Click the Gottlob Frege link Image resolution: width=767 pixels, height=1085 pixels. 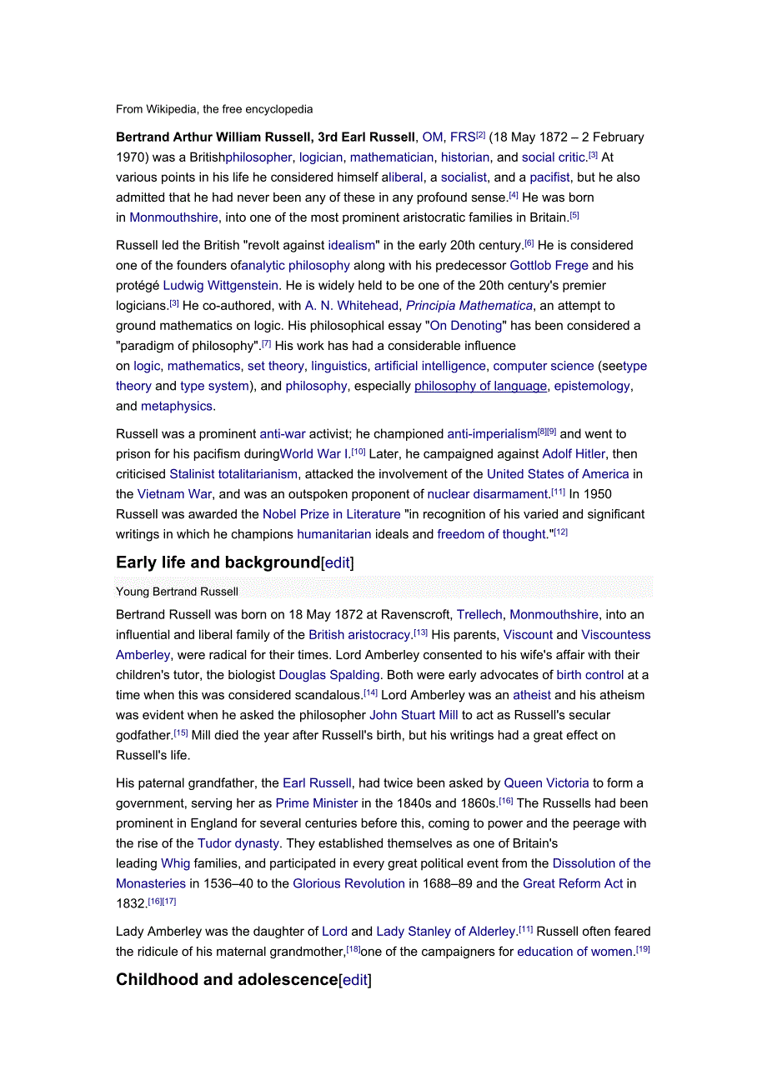(549, 266)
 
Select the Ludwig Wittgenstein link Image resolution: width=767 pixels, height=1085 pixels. (221, 286)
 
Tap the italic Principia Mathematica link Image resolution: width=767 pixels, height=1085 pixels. (469, 306)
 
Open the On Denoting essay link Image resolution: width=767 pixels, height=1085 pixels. (466, 326)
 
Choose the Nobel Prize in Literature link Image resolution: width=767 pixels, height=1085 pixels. (331, 514)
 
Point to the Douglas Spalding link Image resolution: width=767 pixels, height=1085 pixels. (329, 675)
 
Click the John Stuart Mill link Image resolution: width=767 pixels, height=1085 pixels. (414, 715)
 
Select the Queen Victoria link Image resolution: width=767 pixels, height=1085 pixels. (546, 783)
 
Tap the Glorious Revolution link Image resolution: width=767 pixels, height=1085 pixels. (348, 883)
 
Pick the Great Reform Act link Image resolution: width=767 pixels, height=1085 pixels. (573, 883)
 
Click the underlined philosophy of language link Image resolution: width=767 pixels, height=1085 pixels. (481, 386)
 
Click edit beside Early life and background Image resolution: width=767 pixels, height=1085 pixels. (338, 563)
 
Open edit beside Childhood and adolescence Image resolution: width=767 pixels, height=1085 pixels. (355, 980)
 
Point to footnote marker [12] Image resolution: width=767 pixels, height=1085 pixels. (561, 532)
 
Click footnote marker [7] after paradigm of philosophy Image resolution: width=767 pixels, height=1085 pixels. (267, 343)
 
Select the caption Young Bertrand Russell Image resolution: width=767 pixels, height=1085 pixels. (177, 592)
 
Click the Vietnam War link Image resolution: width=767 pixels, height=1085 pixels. (174, 494)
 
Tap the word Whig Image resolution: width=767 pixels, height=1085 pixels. (175, 863)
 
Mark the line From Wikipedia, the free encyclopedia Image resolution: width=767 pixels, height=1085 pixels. (214, 109)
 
